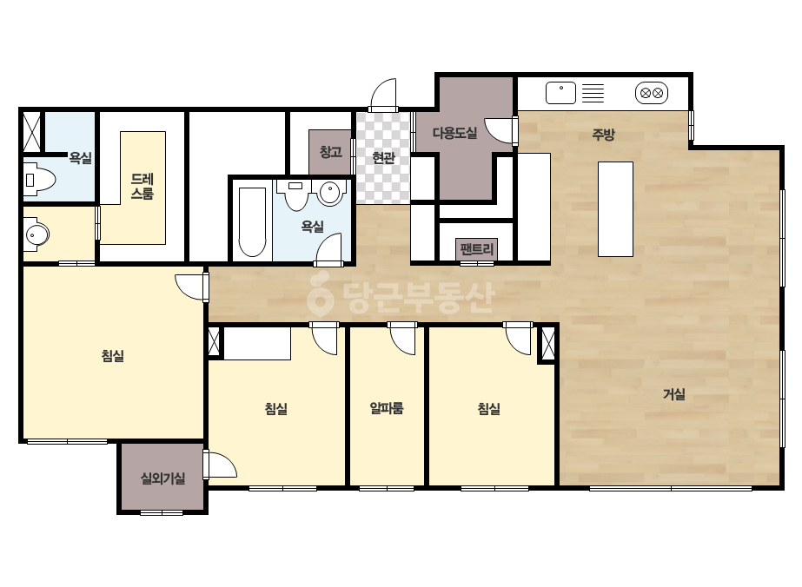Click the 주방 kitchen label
(603, 135)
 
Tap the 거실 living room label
(673, 393)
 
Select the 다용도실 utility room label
(454, 133)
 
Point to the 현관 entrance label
(383, 157)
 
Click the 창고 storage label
(330, 151)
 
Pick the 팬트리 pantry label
(477, 249)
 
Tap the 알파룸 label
(387, 408)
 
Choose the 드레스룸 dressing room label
(143, 186)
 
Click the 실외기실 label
(162, 478)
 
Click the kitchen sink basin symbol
(561, 93)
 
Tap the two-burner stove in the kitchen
(652, 93)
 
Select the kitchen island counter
(616, 209)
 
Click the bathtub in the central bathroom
(252, 222)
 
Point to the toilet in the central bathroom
(295, 195)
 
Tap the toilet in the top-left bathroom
(39, 180)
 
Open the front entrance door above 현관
(383, 96)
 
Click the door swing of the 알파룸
(402, 339)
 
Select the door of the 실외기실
(220, 465)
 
